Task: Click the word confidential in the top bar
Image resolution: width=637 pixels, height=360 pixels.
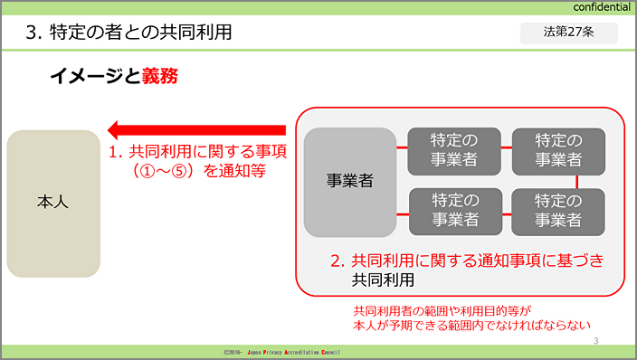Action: click(x=602, y=7)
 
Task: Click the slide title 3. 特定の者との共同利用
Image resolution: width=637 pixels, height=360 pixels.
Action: click(x=128, y=32)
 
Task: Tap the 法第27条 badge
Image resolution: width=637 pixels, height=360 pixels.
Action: click(x=569, y=33)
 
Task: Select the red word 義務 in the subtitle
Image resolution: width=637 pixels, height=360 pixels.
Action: click(x=159, y=76)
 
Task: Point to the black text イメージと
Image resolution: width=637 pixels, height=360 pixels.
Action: click(x=96, y=76)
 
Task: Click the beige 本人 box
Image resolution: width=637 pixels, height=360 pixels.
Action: click(x=53, y=204)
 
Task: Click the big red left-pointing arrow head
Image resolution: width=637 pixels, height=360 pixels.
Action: click(x=113, y=130)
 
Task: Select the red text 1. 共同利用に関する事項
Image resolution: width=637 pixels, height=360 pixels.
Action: click(x=197, y=152)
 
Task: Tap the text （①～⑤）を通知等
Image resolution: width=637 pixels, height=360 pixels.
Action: click(x=197, y=171)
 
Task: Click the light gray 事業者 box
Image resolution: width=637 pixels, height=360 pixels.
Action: click(x=350, y=182)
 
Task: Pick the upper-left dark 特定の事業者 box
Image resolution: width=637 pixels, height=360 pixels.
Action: click(x=454, y=152)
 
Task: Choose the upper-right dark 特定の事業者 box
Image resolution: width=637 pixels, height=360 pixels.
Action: click(x=558, y=152)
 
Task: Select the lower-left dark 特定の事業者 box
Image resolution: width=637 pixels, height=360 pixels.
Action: click(x=455, y=212)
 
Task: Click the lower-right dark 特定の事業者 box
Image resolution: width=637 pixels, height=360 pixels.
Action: click(x=558, y=212)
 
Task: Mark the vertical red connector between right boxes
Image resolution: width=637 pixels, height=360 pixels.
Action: click(x=577, y=182)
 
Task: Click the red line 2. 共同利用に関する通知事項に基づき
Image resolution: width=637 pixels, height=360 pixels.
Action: click(x=467, y=261)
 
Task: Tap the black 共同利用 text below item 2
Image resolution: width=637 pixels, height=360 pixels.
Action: click(x=383, y=280)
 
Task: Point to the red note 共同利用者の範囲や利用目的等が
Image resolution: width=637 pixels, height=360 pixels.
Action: click(x=442, y=311)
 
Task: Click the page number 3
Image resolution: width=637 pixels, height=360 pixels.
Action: click(x=596, y=340)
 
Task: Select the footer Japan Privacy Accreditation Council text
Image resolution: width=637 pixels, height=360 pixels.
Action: click(x=293, y=352)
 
